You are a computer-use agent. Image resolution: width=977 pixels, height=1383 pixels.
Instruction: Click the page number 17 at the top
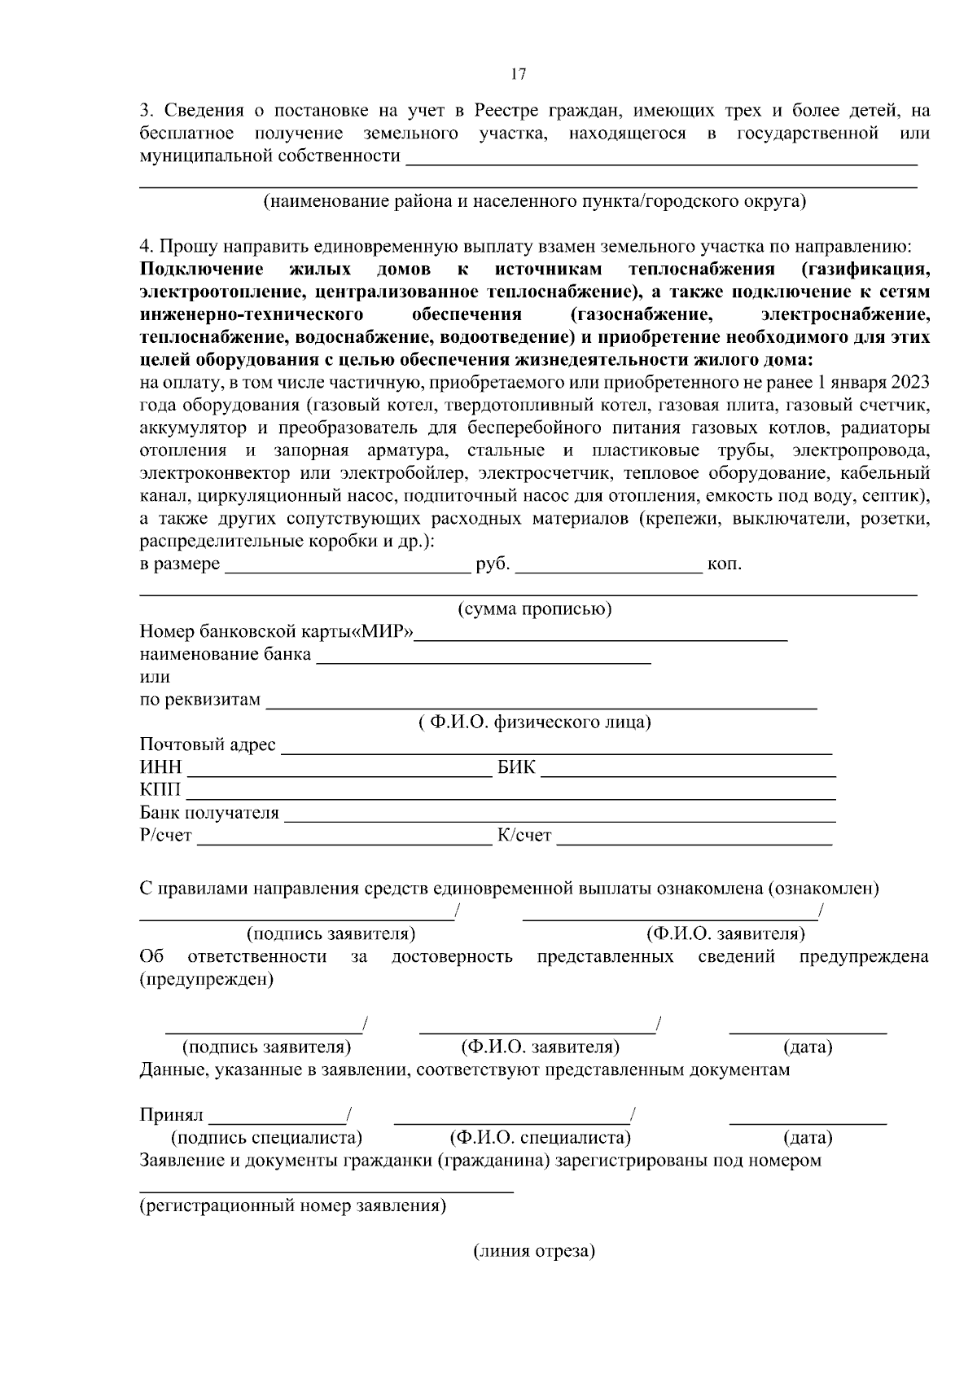[519, 74]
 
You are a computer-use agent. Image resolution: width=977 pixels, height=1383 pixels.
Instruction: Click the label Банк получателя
[209, 813]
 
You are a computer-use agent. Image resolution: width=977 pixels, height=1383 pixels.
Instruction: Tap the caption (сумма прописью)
[534, 609]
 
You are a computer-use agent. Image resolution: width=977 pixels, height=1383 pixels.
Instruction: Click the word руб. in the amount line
[493, 564]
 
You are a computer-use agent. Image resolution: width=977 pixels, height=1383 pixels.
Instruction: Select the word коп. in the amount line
[725, 564]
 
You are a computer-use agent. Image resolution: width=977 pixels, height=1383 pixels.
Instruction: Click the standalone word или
[155, 677]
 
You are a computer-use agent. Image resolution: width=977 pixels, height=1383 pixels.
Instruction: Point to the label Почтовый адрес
[208, 745]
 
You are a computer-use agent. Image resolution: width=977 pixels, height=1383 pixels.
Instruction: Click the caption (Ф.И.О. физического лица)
[534, 722]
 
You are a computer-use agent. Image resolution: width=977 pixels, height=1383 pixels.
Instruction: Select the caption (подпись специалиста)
[266, 1138]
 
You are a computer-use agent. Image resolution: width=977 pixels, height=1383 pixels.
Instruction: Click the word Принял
[171, 1115]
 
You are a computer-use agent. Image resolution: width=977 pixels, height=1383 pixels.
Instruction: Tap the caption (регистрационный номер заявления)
[292, 1206]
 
